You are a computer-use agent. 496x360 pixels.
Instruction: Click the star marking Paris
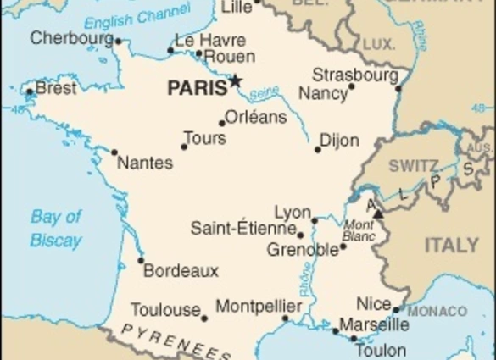235,81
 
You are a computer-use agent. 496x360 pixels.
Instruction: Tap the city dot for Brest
31,91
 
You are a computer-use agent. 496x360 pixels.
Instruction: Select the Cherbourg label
71,38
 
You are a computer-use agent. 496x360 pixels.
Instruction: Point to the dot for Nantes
114,152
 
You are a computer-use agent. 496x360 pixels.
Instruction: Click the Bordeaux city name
181,271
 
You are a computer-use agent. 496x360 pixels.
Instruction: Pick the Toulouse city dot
204,318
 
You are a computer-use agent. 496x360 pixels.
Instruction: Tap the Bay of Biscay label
56,228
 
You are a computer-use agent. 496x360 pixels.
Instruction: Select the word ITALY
451,246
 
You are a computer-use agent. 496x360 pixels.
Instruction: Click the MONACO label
437,312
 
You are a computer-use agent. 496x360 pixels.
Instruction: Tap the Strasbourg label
355,75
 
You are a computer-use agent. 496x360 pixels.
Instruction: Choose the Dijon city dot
318,150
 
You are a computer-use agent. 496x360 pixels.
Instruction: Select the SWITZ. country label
415,166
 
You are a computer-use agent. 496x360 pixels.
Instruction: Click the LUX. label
379,44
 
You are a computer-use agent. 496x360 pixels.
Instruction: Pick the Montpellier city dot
285,319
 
